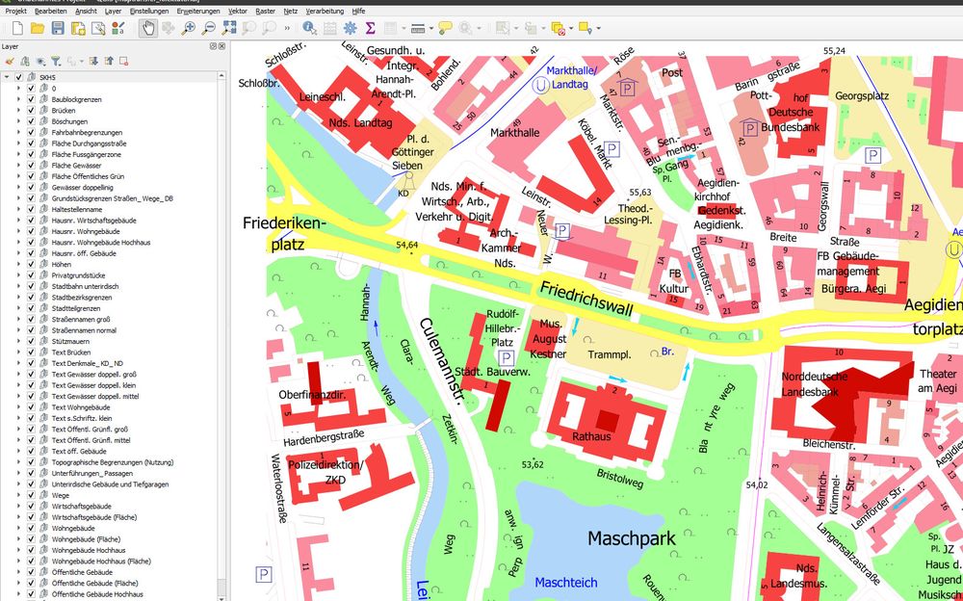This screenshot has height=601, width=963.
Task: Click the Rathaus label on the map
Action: [591, 436]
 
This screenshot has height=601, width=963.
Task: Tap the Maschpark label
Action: [631, 538]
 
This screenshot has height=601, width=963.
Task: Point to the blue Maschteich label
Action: [566, 583]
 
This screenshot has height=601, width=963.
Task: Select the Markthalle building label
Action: [515, 132]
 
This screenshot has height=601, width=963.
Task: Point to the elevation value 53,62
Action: [533, 465]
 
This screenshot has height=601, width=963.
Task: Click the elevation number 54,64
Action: [407, 247]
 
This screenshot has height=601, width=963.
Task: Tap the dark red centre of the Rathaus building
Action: [606, 420]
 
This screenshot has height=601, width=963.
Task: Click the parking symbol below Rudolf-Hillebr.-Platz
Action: [507, 357]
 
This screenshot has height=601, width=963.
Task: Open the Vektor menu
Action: [237, 10]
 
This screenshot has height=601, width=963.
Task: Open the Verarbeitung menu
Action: [325, 10]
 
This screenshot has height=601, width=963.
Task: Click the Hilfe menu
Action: [358, 10]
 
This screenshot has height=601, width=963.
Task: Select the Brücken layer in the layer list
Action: [65, 111]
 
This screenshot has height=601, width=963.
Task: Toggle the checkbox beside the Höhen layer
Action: [31, 264]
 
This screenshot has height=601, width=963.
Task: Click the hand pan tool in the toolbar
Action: [149, 28]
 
